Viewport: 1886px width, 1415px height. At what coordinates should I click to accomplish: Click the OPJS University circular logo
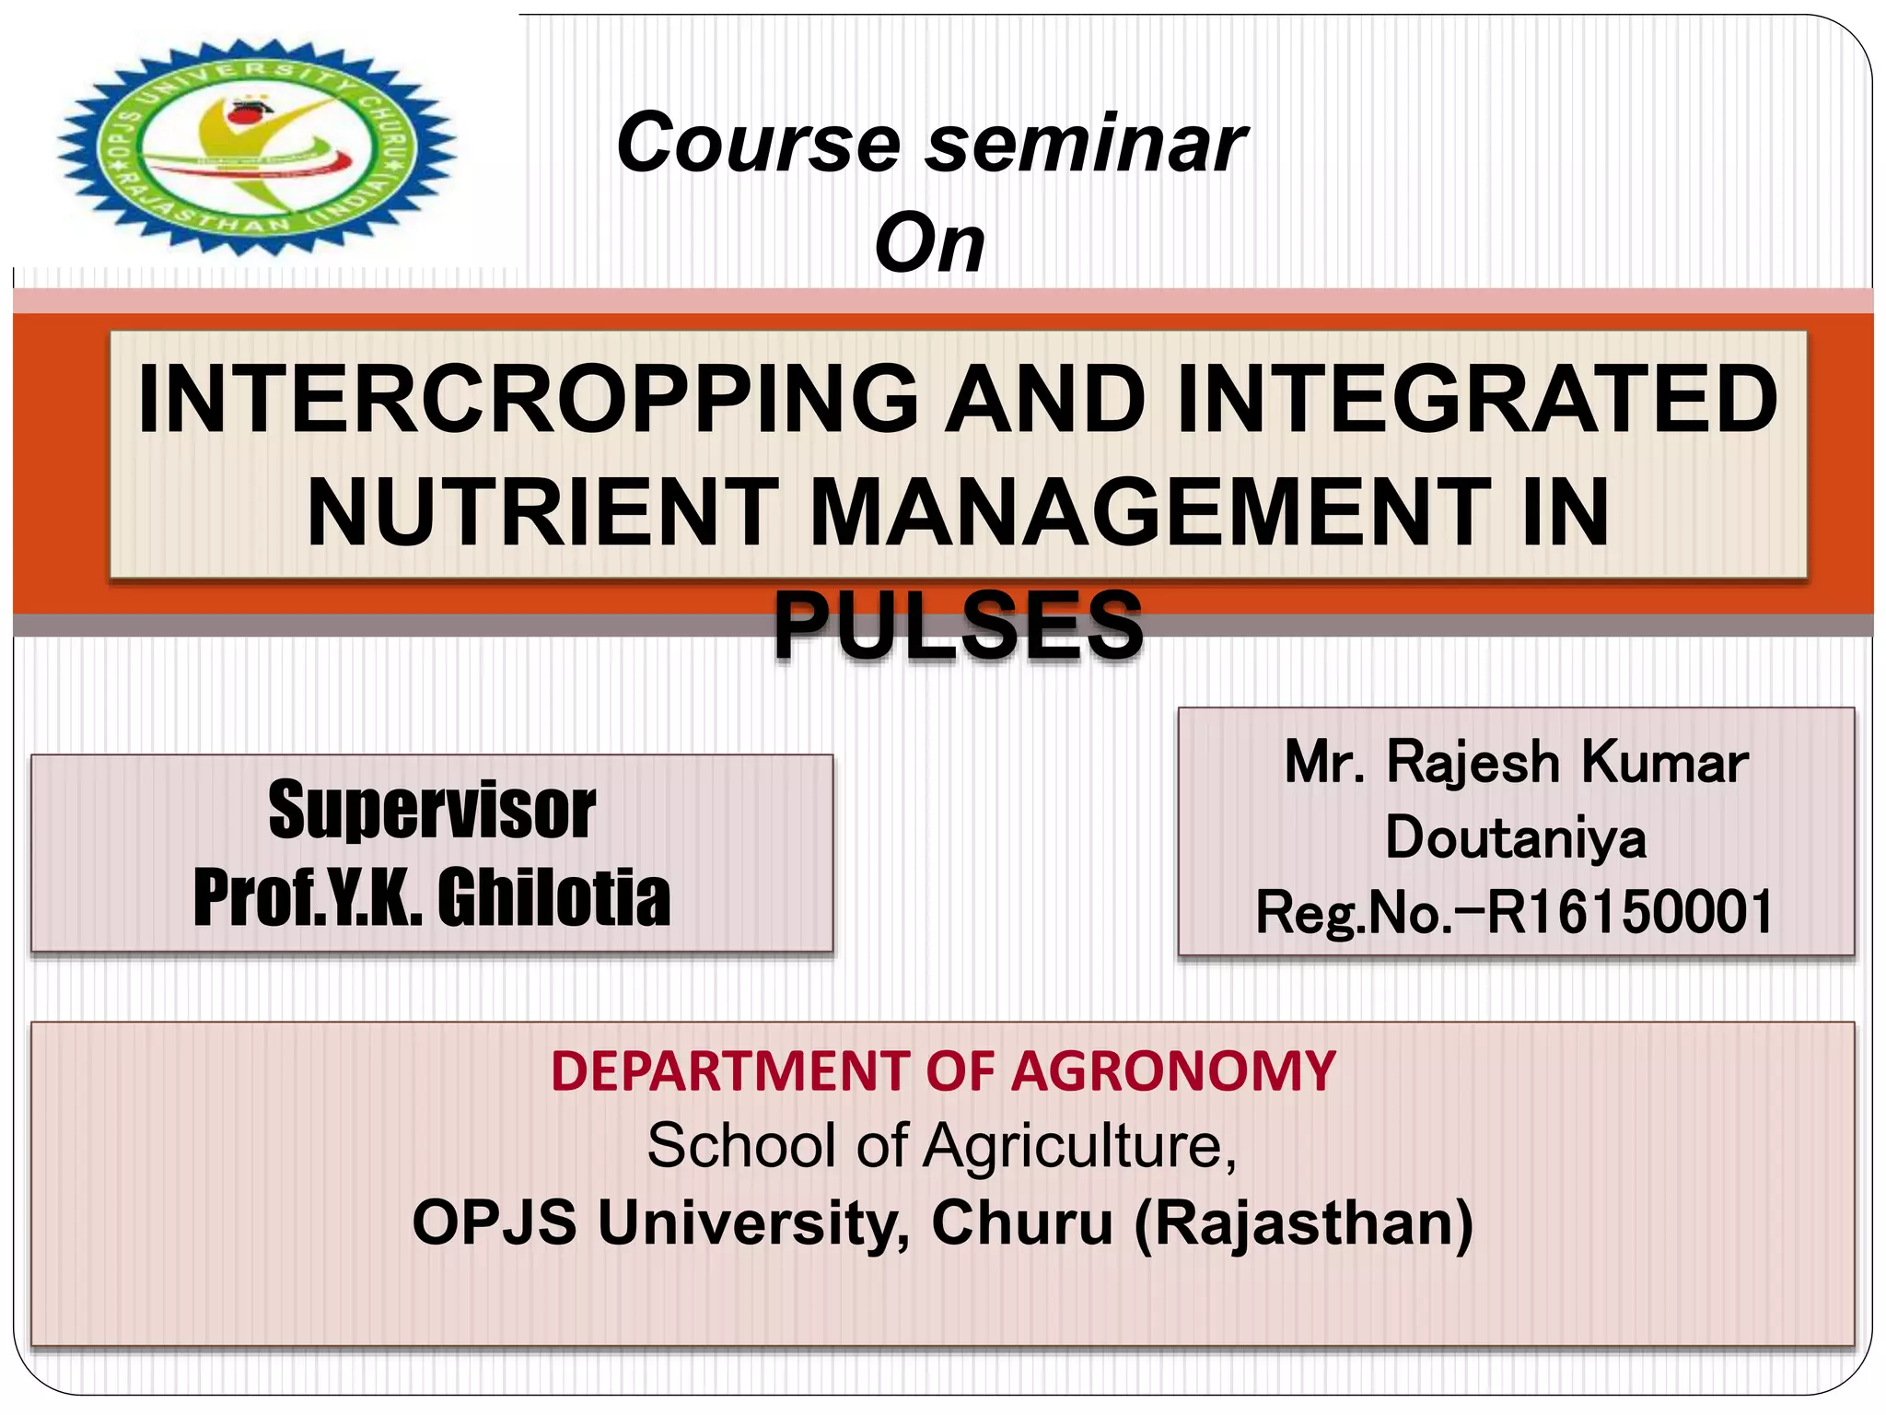click(258, 147)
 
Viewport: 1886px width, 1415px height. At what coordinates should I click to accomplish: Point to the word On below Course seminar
click(929, 243)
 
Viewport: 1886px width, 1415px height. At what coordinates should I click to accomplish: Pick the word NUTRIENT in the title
click(543, 512)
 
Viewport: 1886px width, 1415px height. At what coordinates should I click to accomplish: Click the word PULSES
click(958, 626)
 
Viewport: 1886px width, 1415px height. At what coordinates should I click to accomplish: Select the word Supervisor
click(432, 811)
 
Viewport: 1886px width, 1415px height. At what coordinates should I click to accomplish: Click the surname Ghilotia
click(553, 897)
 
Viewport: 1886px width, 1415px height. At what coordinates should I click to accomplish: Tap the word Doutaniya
click(1516, 837)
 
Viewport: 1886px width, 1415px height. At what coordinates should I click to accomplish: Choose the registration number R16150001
click(1630, 912)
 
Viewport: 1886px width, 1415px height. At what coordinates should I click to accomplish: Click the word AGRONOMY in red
click(1173, 1071)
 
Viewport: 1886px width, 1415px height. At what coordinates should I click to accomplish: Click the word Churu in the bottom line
click(1022, 1222)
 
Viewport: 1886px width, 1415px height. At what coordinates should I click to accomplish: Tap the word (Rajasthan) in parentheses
click(1303, 1222)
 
